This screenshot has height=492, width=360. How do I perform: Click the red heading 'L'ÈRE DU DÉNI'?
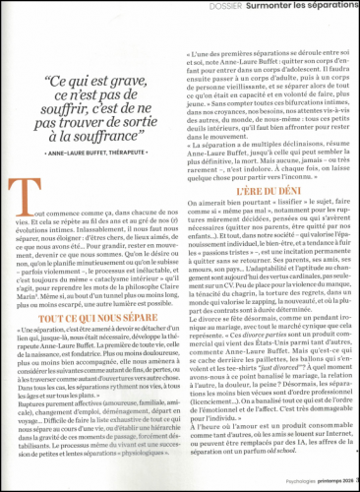coord(269,169)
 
